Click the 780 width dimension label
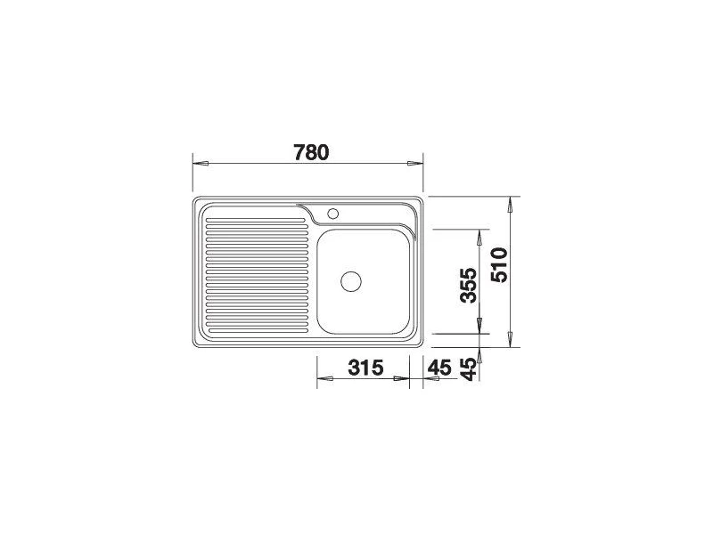click(x=311, y=152)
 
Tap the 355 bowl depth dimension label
click(x=469, y=285)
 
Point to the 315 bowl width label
click(x=366, y=368)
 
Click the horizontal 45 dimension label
click(x=439, y=368)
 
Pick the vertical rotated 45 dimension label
click(x=469, y=368)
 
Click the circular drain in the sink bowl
click(x=351, y=282)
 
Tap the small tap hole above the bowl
click(x=332, y=213)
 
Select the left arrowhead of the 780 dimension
click(x=201, y=164)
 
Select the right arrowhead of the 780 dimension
click(x=414, y=164)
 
